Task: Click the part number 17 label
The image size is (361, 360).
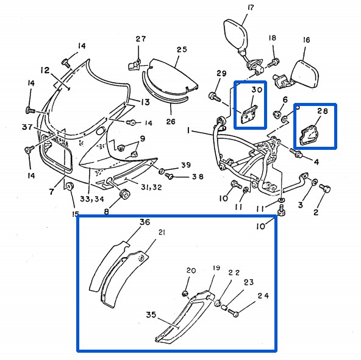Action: click(251, 7)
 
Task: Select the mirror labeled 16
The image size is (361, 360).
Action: click(297, 74)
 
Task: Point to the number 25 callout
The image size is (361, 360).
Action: click(182, 49)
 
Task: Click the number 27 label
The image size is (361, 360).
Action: click(140, 38)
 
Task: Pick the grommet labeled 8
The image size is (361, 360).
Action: click(124, 194)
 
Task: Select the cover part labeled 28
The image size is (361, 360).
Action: click(309, 135)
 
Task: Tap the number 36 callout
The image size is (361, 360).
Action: click(145, 222)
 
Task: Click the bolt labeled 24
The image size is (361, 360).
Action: click(233, 313)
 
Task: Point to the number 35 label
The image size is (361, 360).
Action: click(151, 315)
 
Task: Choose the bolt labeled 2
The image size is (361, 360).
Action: click(325, 189)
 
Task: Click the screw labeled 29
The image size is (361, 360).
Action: click(214, 96)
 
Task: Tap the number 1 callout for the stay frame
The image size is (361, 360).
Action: click(188, 130)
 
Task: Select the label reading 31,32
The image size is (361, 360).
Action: click(151, 187)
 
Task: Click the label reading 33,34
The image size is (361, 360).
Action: click(92, 199)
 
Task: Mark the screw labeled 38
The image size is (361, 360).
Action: click(170, 176)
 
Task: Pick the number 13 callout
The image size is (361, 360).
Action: click(145, 102)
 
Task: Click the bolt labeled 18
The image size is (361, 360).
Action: click(274, 62)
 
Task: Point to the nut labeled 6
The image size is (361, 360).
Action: click(276, 114)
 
